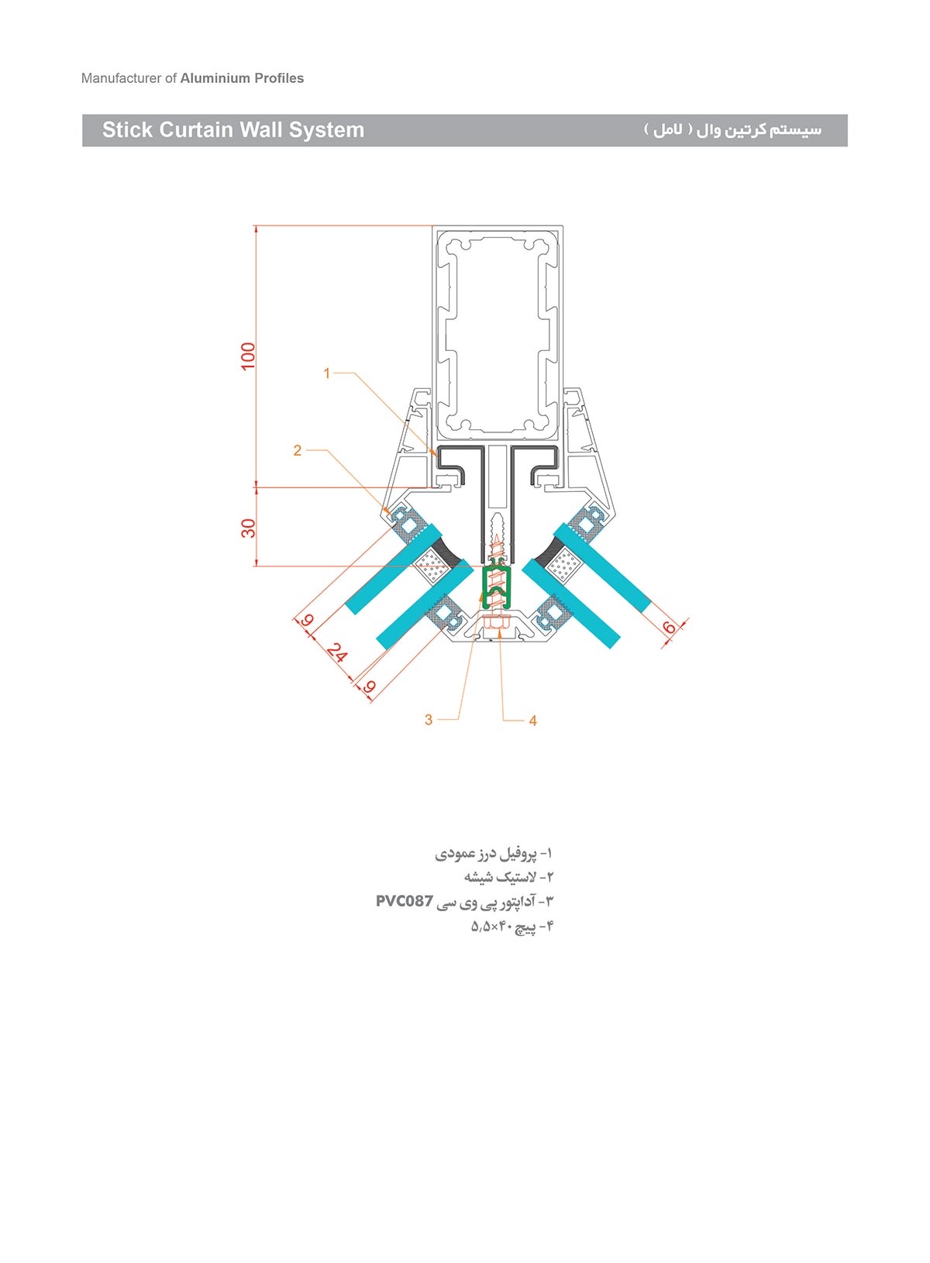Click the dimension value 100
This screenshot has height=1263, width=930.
point(248,356)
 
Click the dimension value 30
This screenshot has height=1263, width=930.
point(248,528)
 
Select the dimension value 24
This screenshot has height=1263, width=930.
point(336,652)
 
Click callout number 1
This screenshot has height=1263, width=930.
point(327,373)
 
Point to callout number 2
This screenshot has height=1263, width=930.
point(298,450)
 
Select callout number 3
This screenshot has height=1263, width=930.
point(429,720)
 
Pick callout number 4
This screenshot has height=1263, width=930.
point(533,721)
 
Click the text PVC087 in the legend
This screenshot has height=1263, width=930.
point(405,901)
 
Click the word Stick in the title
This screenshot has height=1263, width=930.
point(127,130)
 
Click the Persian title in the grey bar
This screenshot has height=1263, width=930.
point(732,130)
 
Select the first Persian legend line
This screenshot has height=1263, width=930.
point(494,854)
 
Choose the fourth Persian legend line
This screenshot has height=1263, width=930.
point(512,926)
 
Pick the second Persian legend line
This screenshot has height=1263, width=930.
point(509,877)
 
